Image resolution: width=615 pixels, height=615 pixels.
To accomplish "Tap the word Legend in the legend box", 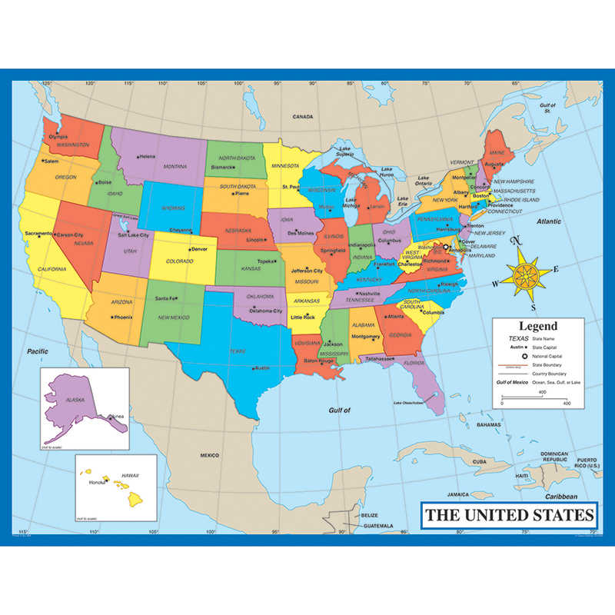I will (537, 326).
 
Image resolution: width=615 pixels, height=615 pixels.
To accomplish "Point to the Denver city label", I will (199, 249).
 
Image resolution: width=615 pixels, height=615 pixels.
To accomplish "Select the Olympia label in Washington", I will (58, 137).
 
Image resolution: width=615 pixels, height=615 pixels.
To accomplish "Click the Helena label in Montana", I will (147, 157).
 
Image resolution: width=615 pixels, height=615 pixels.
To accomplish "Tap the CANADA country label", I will (303, 117).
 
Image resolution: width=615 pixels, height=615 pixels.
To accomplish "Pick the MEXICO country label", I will (210, 455).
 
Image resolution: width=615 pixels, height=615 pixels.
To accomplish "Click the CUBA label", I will (480, 461).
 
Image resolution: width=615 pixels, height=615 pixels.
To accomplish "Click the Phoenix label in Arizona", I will (123, 317).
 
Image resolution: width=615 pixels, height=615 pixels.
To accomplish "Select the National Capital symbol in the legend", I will (523, 357).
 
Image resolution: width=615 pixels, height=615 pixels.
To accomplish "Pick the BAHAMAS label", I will (488, 424).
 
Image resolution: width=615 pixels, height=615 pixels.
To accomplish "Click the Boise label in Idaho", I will (105, 182).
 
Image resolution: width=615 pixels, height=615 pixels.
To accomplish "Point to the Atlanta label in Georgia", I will (395, 316).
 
